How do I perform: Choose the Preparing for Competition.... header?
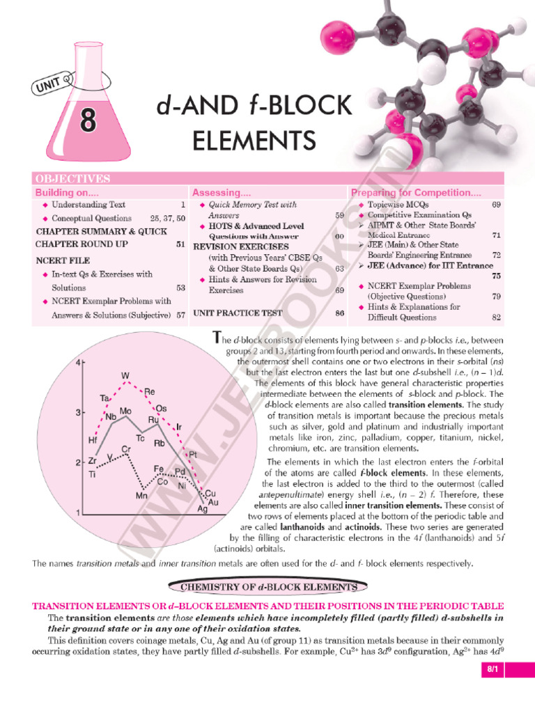[x=416, y=192]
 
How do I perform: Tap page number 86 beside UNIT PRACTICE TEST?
[x=340, y=313]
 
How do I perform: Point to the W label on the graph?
[x=126, y=375]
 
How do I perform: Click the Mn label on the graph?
[x=142, y=496]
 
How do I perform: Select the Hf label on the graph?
[x=93, y=440]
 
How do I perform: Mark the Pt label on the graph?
[x=193, y=454]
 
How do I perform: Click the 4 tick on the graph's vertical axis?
[x=79, y=362]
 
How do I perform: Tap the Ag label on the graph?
[x=203, y=510]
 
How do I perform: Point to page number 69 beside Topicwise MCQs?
[x=496, y=205]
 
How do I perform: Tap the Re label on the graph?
[x=149, y=393]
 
